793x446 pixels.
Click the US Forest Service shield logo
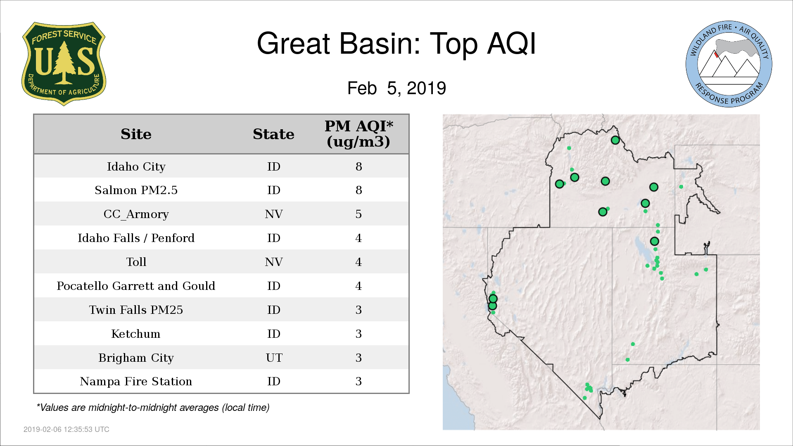tap(64, 64)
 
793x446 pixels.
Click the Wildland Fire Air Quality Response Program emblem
tap(729, 64)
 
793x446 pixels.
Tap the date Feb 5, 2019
tap(396, 88)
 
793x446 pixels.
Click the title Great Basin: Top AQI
tap(396, 43)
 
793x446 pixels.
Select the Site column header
tap(136, 134)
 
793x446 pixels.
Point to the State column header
tap(273, 134)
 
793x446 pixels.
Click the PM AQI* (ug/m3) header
tap(359, 134)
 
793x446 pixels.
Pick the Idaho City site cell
tap(136, 166)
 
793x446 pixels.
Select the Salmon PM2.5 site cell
tap(136, 190)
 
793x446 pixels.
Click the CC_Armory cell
tap(136, 214)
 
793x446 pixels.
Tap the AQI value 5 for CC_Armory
tap(359, 214)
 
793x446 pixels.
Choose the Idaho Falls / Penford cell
tap(136, 238)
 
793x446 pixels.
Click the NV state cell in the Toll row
tap(273, 262)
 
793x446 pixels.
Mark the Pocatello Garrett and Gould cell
tap(136, 286)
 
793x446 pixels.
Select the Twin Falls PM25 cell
tap(136, 310)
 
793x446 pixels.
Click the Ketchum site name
tap(136, 334)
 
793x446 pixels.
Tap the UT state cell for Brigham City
tap(274, 358)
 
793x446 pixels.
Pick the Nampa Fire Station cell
tap(136, 381)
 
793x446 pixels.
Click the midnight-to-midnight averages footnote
tap(153, 408)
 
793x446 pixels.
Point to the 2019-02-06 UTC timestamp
tap(66, 429)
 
